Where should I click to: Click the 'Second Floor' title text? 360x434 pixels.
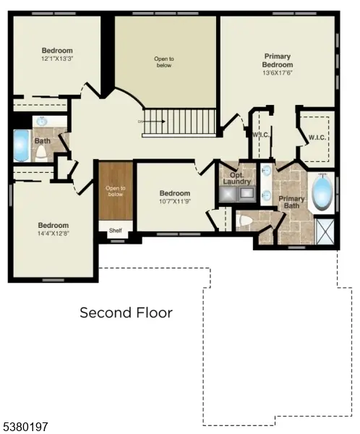coord(126,312)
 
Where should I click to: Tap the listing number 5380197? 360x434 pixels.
coord(25,427)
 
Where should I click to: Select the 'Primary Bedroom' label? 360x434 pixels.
coord(277,60)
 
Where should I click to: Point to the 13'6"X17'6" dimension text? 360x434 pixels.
coord(277,72)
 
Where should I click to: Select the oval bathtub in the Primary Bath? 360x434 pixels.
coord(321,193)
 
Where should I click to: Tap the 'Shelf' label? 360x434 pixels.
coord(116,231)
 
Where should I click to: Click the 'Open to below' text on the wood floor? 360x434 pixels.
coord(116,192)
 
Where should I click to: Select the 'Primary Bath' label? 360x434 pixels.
coord(291,203)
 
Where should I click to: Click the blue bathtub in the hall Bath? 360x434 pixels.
coord(20,145)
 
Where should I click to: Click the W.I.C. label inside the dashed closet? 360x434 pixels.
coord(316,137)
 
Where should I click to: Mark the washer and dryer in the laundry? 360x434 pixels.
coord(239,193)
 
